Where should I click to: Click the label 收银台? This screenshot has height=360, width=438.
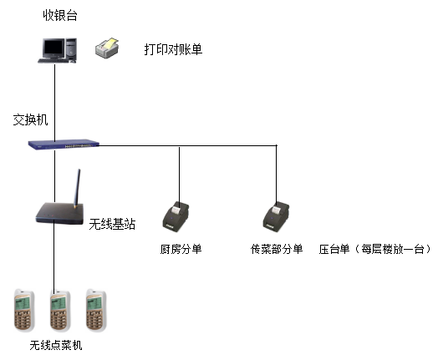60,15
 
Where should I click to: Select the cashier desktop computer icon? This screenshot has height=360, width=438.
58,50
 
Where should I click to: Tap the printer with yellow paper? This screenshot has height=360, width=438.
107,48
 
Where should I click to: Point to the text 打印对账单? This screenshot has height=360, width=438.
173,49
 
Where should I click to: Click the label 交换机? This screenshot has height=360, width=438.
30,119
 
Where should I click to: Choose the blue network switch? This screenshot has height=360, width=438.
64,145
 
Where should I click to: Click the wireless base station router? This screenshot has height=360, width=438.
59,214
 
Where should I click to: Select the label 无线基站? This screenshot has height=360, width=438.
112,224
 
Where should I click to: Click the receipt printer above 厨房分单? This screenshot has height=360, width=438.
176,217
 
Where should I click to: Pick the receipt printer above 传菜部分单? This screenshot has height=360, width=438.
276,218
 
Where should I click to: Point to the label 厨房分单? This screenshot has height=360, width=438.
181,249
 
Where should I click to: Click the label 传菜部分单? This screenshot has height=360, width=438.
277,249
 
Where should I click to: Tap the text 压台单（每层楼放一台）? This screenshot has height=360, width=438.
375,249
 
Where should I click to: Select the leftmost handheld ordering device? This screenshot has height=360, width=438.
24,311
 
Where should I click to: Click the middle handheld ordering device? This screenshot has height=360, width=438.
60,311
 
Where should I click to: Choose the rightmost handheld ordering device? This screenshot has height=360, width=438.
96,311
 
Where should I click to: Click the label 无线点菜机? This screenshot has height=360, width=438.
56,345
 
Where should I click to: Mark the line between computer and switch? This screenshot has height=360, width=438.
55,103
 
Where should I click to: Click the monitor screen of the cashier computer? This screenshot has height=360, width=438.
53,48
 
